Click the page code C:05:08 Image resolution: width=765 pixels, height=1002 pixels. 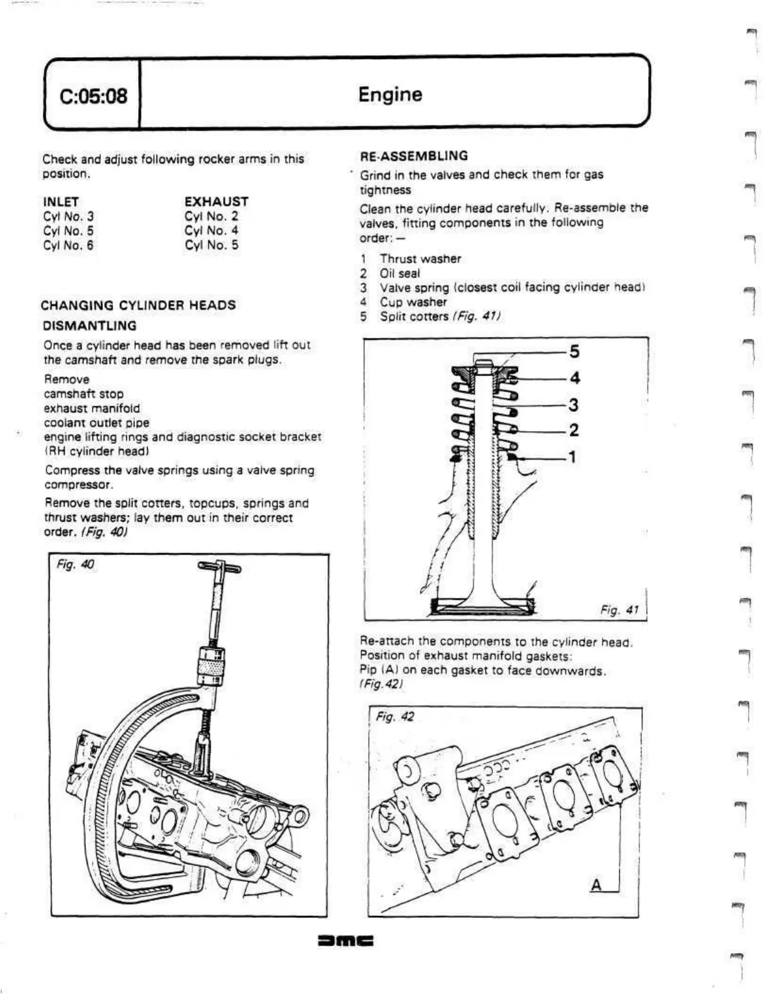[x=93, y=96]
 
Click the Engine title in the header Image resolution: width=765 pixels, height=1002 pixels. [x=390, y=95]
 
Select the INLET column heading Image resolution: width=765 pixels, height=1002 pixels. [x=61, y=202]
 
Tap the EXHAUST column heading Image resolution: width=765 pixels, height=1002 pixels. [x=217, y=202]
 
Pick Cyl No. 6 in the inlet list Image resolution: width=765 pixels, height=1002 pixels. [x=68, y=245]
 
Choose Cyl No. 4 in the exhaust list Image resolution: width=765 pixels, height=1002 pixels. [x=212, y=230]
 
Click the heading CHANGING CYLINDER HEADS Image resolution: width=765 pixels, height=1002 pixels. [x=138, y=306]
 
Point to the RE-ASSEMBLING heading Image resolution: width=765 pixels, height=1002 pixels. [x=414, y=156]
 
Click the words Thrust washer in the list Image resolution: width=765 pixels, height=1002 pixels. [x=420, y=259]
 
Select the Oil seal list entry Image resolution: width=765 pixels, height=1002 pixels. [x=399, y=273]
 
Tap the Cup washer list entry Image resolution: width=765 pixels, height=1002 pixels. [x=413, y=302]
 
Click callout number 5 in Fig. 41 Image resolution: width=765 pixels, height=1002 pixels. [x=574, y=352]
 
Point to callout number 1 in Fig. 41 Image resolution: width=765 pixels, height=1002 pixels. [x=572, y=456]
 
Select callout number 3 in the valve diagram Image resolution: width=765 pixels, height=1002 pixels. [x=573, y=405]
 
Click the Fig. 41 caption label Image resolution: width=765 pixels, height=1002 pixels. [x=619, y=609]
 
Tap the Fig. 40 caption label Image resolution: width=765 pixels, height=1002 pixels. [x=75, y=564]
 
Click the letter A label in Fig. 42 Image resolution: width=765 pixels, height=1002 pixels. [x=597, y=885]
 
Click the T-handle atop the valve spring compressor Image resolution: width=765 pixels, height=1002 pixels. [x=219, y=568]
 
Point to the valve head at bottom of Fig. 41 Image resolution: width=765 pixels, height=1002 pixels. [x=482, y=605]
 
